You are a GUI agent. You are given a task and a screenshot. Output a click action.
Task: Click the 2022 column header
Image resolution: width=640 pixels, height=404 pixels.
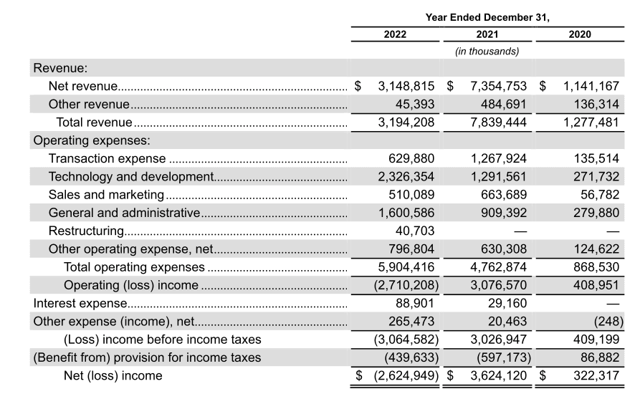click(x=394, y=34)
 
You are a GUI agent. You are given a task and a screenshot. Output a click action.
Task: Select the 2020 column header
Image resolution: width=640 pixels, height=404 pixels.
click(x=580, y=34)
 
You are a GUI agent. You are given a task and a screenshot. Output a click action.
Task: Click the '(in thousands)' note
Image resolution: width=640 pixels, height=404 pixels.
click(x=487, y=52)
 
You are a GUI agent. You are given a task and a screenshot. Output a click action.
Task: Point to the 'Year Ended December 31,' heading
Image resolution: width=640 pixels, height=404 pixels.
click(x=487, y=16)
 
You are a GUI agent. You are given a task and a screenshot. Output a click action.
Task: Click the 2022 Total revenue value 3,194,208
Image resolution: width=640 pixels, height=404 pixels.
click(x=406, y=122)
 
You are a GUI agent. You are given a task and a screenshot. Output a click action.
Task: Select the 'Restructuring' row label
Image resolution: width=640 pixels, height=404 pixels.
click(x=87, y=231)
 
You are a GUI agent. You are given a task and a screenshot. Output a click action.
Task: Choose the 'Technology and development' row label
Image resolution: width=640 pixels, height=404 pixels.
click(x=130, y=176)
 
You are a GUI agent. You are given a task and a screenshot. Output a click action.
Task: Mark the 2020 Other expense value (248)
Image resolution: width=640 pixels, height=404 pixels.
click(x=608, y=321)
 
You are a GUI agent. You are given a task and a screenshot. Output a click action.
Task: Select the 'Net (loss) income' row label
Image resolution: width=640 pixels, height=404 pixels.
click(x=113, y=375)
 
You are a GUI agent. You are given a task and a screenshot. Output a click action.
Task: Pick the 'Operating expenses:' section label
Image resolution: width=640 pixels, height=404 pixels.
click(x=91, y=140)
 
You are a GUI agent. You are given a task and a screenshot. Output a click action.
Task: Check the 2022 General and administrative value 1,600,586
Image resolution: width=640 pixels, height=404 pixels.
click(x=406, y=213)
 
